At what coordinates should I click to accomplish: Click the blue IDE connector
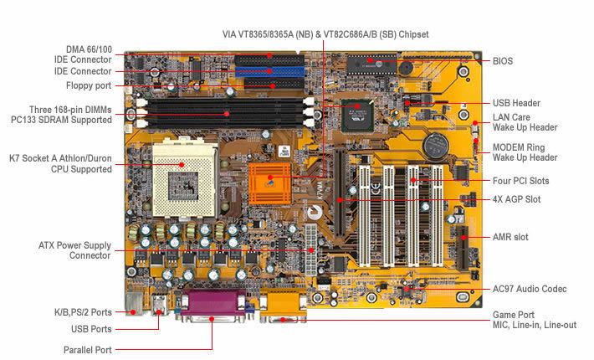[x=269, y=71]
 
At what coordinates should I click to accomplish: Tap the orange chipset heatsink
[x=269, y=183]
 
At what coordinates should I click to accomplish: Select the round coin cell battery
[x=436, y=146]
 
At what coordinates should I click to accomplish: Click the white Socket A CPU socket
[x=185, y=177]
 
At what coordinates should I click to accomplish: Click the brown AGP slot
[x=340, y=193]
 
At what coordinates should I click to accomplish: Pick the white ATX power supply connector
[x=310, y=250]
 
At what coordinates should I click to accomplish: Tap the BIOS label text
[x=502, y=61]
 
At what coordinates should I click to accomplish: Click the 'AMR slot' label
[x=510, y=237]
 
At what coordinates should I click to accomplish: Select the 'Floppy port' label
[x=89, y=85]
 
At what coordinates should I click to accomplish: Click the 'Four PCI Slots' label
[x=520, y=181]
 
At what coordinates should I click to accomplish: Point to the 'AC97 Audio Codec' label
[x=530, y=289]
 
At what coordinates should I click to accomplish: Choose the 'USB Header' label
[x=516, y=103]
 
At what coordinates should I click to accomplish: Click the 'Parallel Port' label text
[x=88, y=350]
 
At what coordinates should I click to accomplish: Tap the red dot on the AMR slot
[x=463, y=238]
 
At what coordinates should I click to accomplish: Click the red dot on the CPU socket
[x=182, y=164]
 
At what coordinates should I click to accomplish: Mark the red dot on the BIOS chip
[x=370, y=60]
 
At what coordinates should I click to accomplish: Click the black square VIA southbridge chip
[x=357, y=116]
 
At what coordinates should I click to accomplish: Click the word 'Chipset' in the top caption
[x=413, y=34]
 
